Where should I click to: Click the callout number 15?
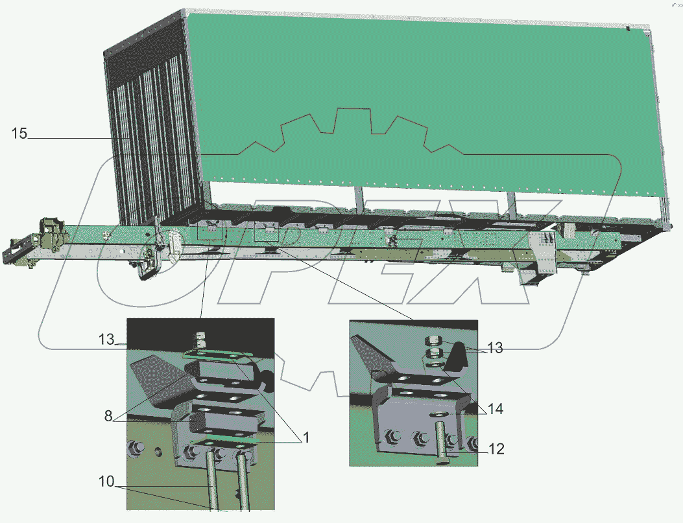click(x=19, y=133)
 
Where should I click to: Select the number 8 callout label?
click(x=108, y=416)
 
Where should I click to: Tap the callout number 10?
click(x=106, y=482)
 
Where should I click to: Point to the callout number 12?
click(x=496, y=448)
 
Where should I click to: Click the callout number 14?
click(x=496, y=408)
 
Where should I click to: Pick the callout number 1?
click(x=306, y=437)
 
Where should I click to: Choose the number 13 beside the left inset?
click(x=106, y=339)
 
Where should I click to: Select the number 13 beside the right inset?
click(x=495, y=347)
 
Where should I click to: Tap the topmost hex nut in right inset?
click(x=433, y=340)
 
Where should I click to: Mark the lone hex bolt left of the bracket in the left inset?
click(x=137, y=448)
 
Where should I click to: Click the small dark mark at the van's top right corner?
click(x=628, y=29)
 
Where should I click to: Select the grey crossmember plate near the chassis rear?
click(x=543, y=252)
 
